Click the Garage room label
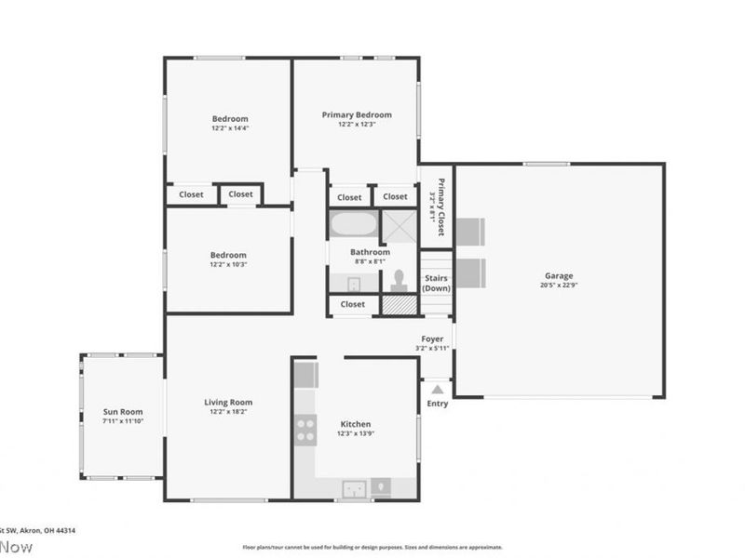pyautogui.click(x=559, y=275)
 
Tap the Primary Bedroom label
pyautogui.click(x=357, y=114)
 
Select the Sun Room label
pyautogui.click(x=122, y=411)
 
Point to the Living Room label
pyautogui.click(x=228, y=403)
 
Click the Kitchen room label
pyautogui.click(x=356, y=424)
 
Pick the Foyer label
pyautogui.click(x=432, y=339)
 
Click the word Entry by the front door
pyautogui.click(x=437, y=404)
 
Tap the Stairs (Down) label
pyautogui.click(x=436, y=283)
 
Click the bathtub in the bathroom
pyautogui.click(x=353, y=225)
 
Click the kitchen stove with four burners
pyautogui.click(x=305, y=429)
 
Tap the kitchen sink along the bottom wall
pyautogui.click(x=353, y=487)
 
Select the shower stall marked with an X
pyautogui.click(x=400, y=226)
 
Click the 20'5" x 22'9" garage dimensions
pyautogui.click(x=559, y=286)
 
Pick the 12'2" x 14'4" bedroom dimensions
pyautogui.click(x=229, y=128)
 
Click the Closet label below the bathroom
pyautogui.click(x=353, y=304)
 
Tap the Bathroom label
pyautogui.click(x=370, y=252)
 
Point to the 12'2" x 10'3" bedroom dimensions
pyautogui.click(x=228, y=264)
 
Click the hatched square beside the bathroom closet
pyautogui.click(x=398, y=304)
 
